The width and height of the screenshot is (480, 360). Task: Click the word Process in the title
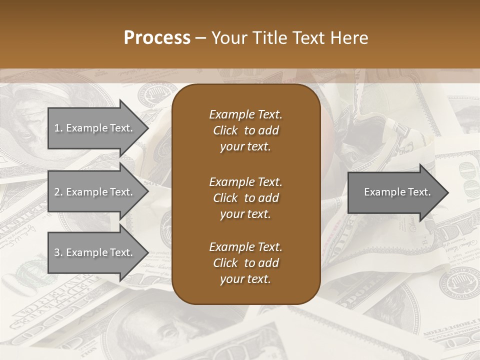(x=157, y=38)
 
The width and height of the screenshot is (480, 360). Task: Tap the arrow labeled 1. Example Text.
(x=95, y=128)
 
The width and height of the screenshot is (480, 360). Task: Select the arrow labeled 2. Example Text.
(x=95, y=192)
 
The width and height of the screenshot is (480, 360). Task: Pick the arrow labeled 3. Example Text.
(x=95, y=252)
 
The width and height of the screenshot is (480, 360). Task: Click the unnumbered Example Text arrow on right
(x=395, y=192)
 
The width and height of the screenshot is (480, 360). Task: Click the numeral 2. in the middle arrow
(x=58, y=192)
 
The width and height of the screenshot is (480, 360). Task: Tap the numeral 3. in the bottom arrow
(x=58, y=252)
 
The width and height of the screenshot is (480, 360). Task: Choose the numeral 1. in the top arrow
(x=58, y=128)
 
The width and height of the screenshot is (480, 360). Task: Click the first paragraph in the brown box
(x=245, y=130)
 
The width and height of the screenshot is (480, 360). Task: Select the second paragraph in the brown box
(x=245, y=197)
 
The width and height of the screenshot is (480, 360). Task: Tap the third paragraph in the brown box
(x=245, y=263)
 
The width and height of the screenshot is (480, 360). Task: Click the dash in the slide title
(x=200, y=38)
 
